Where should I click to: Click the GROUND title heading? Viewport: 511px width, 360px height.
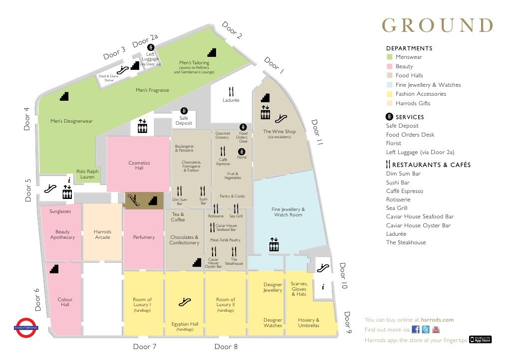click(x=438, y=25)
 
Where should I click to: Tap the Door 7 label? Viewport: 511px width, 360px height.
click(x=145, y=347)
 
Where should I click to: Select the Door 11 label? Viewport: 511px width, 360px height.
click(x=317, y=132)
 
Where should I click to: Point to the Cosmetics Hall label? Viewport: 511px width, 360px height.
click(x=139, y=166)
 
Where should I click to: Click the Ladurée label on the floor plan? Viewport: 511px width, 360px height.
click(x=231, y=100)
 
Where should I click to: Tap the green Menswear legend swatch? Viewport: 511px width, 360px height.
click(x=390, y=57)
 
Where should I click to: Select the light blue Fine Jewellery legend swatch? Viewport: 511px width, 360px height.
click(x=390, y=85)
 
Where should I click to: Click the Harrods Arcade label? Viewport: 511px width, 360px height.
click(x=102, y=234)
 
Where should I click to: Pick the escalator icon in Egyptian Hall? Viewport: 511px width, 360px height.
click(x=185, y=302)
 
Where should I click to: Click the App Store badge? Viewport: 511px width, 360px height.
click(x=481, y=340)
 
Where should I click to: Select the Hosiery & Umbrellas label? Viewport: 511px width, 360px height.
click(x=308, y=323)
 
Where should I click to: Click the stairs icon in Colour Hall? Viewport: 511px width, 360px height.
click(x=54, y=269)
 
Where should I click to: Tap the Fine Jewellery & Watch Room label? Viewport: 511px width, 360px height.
click(x=288, y=212)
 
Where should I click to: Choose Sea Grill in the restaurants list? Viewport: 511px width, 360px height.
click(x=397, y=208)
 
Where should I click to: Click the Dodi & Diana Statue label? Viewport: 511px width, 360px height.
click(x=109, y=78)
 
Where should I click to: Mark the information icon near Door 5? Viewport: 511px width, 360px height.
click(x=69, y=180)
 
